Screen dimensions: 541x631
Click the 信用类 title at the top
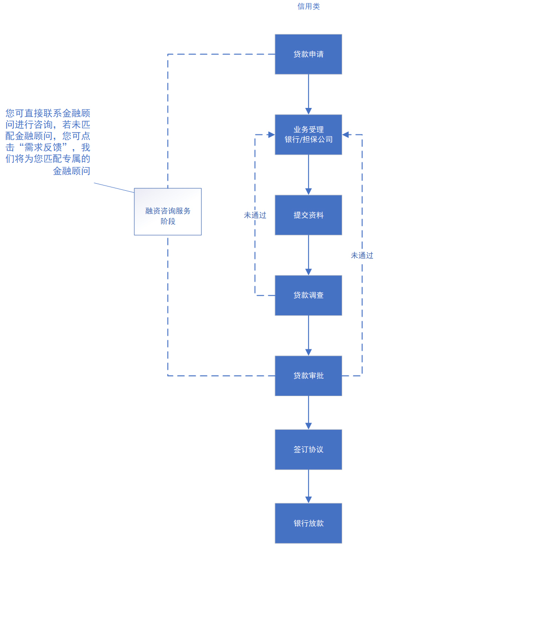pos(308,7)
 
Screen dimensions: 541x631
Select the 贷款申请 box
pos(308,54)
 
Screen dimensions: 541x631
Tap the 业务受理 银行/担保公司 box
pos(308,134)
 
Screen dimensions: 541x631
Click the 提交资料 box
pos(308,215)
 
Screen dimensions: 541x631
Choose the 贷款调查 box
pos(308,295)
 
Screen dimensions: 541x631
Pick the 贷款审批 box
pos(308,376)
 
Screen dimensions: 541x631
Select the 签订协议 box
pos(308,449)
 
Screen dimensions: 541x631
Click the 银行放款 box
pos(308,523)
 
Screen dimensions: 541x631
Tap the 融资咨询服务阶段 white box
pos(168,212)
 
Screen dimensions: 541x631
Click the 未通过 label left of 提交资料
pos(255,215)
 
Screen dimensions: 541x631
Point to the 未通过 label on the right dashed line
pos(362,255)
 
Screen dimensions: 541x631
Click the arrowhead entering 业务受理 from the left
pos(271,134)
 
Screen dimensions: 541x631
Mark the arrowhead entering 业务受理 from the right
pos(346,134)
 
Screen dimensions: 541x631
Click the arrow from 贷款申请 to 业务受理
pos(308,94)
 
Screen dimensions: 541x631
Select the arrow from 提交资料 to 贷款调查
pos(308,255)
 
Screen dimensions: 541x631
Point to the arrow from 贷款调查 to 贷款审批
pos(308,336)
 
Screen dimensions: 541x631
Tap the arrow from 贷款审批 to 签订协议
pos(308,413)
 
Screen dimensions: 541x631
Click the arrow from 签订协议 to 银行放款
pos(308,486)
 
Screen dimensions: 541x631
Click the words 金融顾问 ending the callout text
pos(71,171)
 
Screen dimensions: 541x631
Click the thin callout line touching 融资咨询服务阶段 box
pos(114,188)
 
